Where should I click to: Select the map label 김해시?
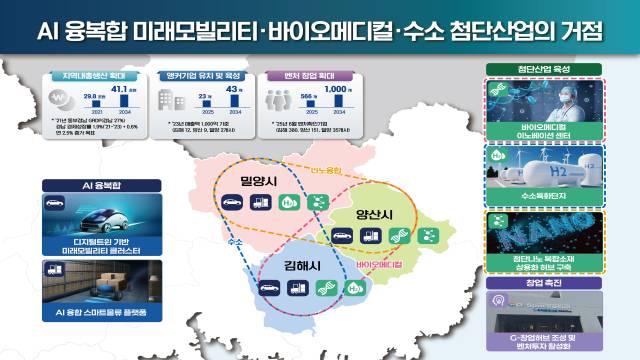point(288,265)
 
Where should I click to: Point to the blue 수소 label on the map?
point(235,242)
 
